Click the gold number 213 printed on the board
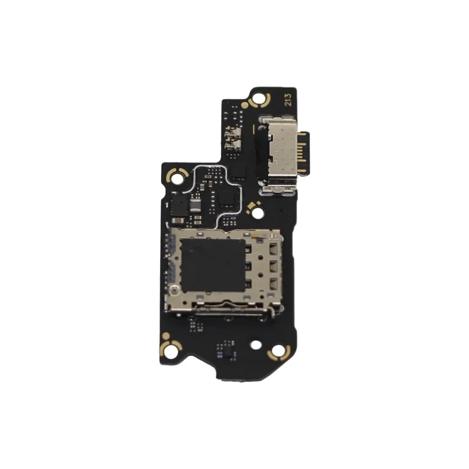(x=288, y=100)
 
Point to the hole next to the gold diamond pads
(x=257, y=213)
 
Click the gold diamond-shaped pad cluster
(x=253, y=207)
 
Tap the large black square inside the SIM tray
(x=213, y=266)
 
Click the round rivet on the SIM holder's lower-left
(x=174, y=289)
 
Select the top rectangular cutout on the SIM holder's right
(x=273, y=248)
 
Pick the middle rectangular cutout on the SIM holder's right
(x=273, y=266)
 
